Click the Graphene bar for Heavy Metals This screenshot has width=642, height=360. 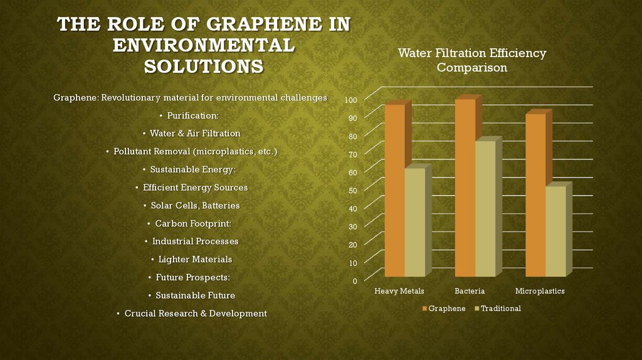[x=394, y=191]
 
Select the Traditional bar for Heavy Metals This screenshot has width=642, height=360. [x=414, y=223]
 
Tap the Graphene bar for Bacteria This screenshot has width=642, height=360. [x=465, y=188]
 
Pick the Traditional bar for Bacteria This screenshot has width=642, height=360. [x=485, y=209]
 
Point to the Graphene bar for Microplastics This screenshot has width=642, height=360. [x=535, y=195]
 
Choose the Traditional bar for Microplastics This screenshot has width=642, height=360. [x=555, y=231]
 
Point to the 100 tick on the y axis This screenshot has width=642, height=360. [x=350, y=100]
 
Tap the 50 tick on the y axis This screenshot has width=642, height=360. [x=352, y=191]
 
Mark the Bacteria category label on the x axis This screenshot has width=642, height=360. [x=470, y=291]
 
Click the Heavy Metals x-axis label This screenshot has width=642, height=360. [x=399, y=291]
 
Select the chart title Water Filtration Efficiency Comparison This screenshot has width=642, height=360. [x=472, y=60]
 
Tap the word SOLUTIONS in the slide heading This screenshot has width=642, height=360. [x=204, y=66]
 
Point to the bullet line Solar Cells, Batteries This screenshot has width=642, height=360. [x=191, y=206]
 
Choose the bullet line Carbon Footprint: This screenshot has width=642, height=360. [x=191, y=223]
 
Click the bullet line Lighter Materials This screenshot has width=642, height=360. [x=191, y=259]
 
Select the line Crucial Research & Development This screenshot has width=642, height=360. [x=191, y=313]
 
